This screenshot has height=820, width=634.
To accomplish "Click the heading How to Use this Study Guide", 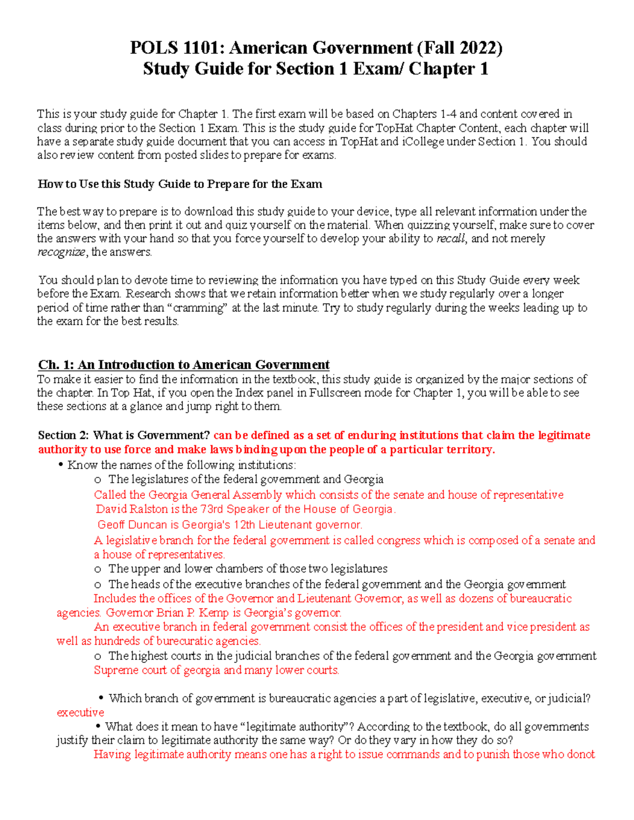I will coord(180,184).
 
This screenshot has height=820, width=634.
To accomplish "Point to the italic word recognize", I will coord(61,252).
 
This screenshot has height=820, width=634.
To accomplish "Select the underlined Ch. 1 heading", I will coord(183,365).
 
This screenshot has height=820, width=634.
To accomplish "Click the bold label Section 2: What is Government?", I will coord(124,436).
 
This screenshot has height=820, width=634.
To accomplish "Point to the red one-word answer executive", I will coord(80,713).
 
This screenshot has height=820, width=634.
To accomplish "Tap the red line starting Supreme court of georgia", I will coord(216,671).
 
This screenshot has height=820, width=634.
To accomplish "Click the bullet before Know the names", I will coord(61,465).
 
